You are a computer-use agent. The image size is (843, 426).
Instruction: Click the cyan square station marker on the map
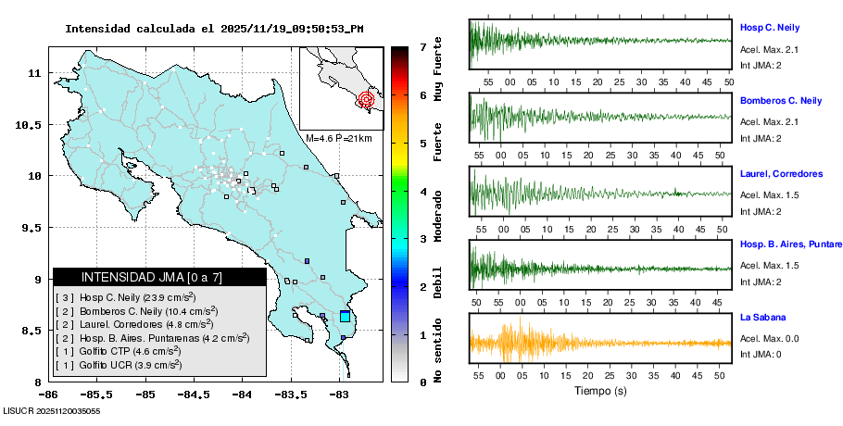pyautogui.click(x=346, y=317)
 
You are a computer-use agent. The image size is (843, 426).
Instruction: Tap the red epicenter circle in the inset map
pyautogui.click(x=366, y=98)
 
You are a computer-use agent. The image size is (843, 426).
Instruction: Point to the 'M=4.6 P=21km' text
pyautogui.click(x=338, y=138)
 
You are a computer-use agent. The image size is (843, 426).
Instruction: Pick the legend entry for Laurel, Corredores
pyautogui.click(x=129, y=325)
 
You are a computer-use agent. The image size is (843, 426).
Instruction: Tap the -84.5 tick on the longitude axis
pyautogui.click(x=194, y=394)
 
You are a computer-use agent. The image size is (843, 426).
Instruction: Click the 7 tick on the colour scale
pyautogui.click(x=422, y=46)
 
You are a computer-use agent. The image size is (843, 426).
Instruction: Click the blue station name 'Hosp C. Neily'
pyautogui.click(x=770, y=28)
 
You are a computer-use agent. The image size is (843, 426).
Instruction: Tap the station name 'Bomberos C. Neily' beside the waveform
pyautogui.click(x=781, y=100)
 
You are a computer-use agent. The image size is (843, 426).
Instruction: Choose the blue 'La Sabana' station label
pyautogui.click(x=761, y=318)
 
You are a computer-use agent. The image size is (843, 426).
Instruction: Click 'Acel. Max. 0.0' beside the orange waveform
pyautogui.click(x=770, y=340)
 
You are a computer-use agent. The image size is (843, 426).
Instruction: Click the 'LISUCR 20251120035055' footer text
pyautogui.click(x=52, y=410)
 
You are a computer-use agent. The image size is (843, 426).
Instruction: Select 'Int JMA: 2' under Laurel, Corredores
pyautogui.click(x=761, y=211)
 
